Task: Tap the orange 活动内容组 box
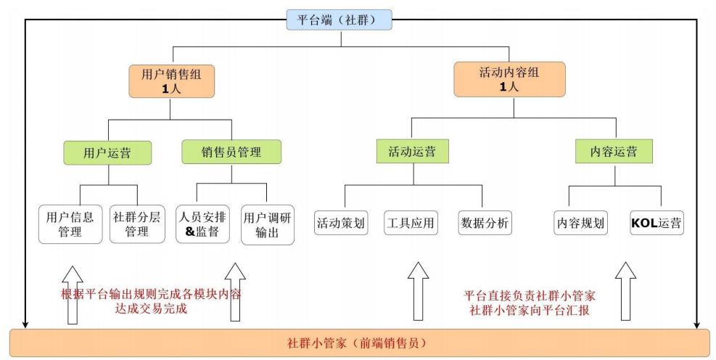coord(512,79)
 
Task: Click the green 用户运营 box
coord(107,153)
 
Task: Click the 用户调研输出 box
coord(268,224)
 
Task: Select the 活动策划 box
coord(340,223)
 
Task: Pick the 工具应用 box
coord(411,223)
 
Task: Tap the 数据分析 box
coord(485,223)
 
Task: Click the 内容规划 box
coord(580,223)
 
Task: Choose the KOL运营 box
coord(657,223)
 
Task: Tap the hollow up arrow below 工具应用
coord(418,290)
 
